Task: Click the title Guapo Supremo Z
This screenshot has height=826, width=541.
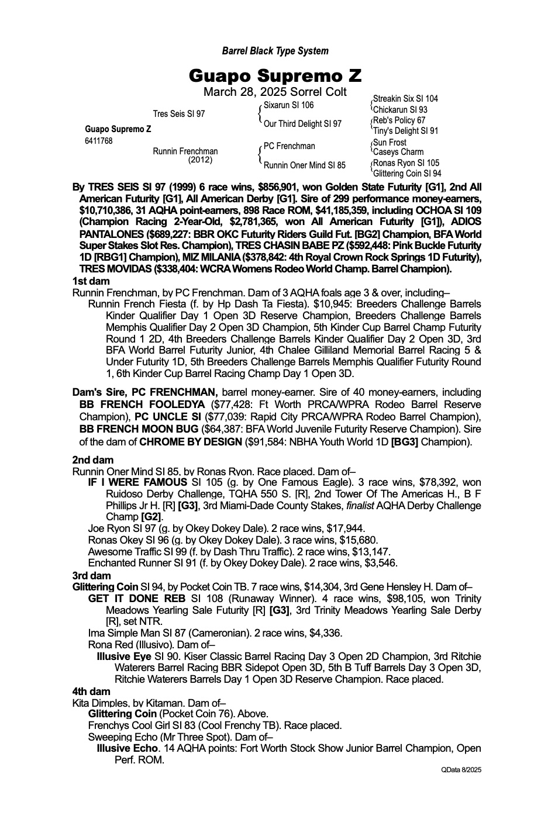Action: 275,76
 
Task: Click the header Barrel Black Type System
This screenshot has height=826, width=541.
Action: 275,51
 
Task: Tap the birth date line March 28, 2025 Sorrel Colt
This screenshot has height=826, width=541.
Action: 275,92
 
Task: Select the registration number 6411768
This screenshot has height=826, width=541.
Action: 99,141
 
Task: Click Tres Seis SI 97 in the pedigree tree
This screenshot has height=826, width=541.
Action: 179,113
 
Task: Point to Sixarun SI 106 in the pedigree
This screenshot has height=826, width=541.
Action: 288,105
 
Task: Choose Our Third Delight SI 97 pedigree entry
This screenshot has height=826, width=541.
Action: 302,124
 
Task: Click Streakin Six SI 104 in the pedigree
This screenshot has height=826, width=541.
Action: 405,99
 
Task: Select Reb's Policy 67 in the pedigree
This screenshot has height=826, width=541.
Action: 399,120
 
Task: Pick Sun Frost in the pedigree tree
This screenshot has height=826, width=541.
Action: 390,142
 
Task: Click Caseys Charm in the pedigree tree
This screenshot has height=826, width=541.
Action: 398,152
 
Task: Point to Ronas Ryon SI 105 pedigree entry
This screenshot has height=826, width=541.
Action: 406,163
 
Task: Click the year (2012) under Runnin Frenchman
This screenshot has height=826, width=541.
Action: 200,160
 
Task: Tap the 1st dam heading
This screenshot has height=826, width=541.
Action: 91,281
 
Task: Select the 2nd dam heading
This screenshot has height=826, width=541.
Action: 92,460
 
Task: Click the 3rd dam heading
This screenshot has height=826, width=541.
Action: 91,575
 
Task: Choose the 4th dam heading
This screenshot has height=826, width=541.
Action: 91,692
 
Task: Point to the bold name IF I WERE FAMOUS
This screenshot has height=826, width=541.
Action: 138,482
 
